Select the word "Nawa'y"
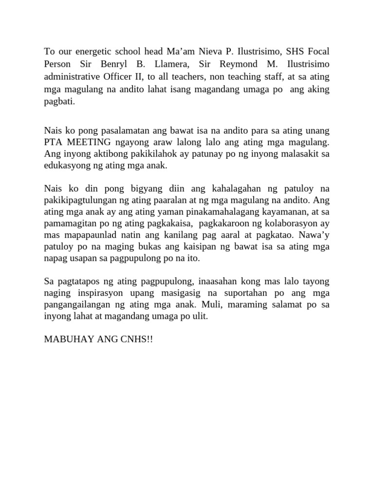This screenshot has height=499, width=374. tap(316, 235)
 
